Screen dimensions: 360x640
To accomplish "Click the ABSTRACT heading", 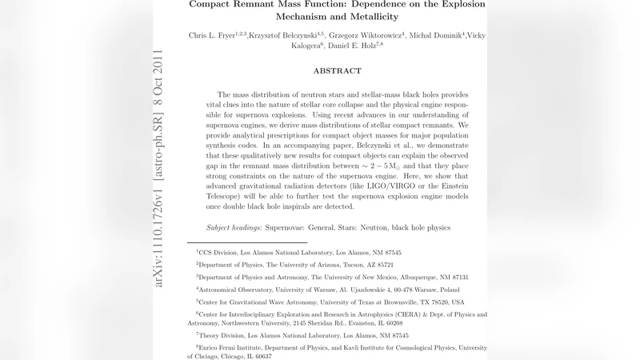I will [x=337, y=70].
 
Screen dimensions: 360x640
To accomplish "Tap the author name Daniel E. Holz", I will [x=357, y=46].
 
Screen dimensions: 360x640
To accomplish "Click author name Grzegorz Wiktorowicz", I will [x=366, y=36].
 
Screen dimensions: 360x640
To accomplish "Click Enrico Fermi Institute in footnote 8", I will [x=239, y=348].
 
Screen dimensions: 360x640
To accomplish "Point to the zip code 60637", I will [x=260, y=356].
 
